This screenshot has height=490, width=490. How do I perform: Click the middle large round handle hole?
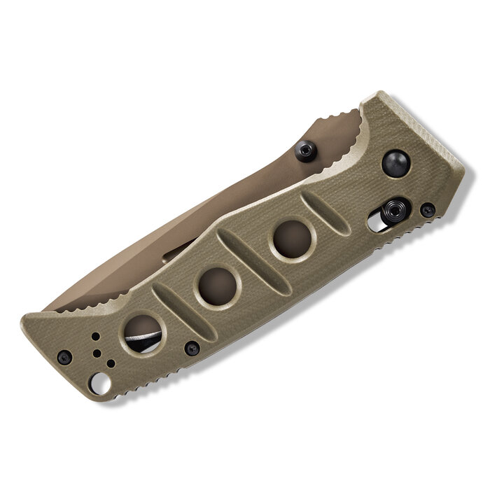[217, 285]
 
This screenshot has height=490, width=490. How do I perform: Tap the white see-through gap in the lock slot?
[376, 225]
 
